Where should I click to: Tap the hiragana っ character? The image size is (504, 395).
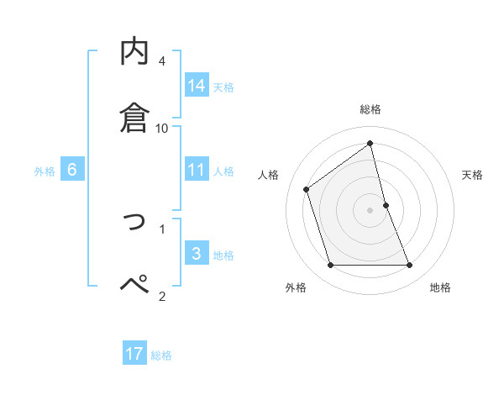pyautogui.click(x=135, y=221)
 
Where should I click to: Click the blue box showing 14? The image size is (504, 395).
pyautogui.click(x=197, y=85)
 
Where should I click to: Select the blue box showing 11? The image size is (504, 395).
pyautogui.click(x=197, y=171)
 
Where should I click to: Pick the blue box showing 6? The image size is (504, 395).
pyautogui.click(x=71, y=170)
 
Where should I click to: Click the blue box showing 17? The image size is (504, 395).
pyautogui.click(x=134, y=354)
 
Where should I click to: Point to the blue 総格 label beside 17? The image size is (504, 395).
pyautogui.click(x=161, y=355)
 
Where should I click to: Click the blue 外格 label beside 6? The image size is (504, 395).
pyautogui.click(x=45, y=171)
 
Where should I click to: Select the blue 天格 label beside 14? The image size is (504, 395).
pyautogui.click(x=223, y=87)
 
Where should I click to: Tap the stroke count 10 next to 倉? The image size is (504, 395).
pyautogui.click(x=162, y=129)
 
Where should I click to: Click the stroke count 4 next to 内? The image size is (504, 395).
pyautogui.click(x=162, y=61)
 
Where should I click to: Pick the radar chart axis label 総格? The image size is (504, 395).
pyautogui.click(x=370, y=109)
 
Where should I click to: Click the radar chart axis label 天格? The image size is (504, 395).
pyautogui.click(x=473, y=175)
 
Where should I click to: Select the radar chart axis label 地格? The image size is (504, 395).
pyautogui.click(x=440, y=287)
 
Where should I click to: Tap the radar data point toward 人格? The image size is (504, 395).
pyautogui.click(x=307, y=189)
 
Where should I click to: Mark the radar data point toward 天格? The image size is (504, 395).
pyautogui.click(x=386, y=205)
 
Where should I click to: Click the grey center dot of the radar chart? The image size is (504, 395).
pyautogui.click(x=370, y=210)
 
